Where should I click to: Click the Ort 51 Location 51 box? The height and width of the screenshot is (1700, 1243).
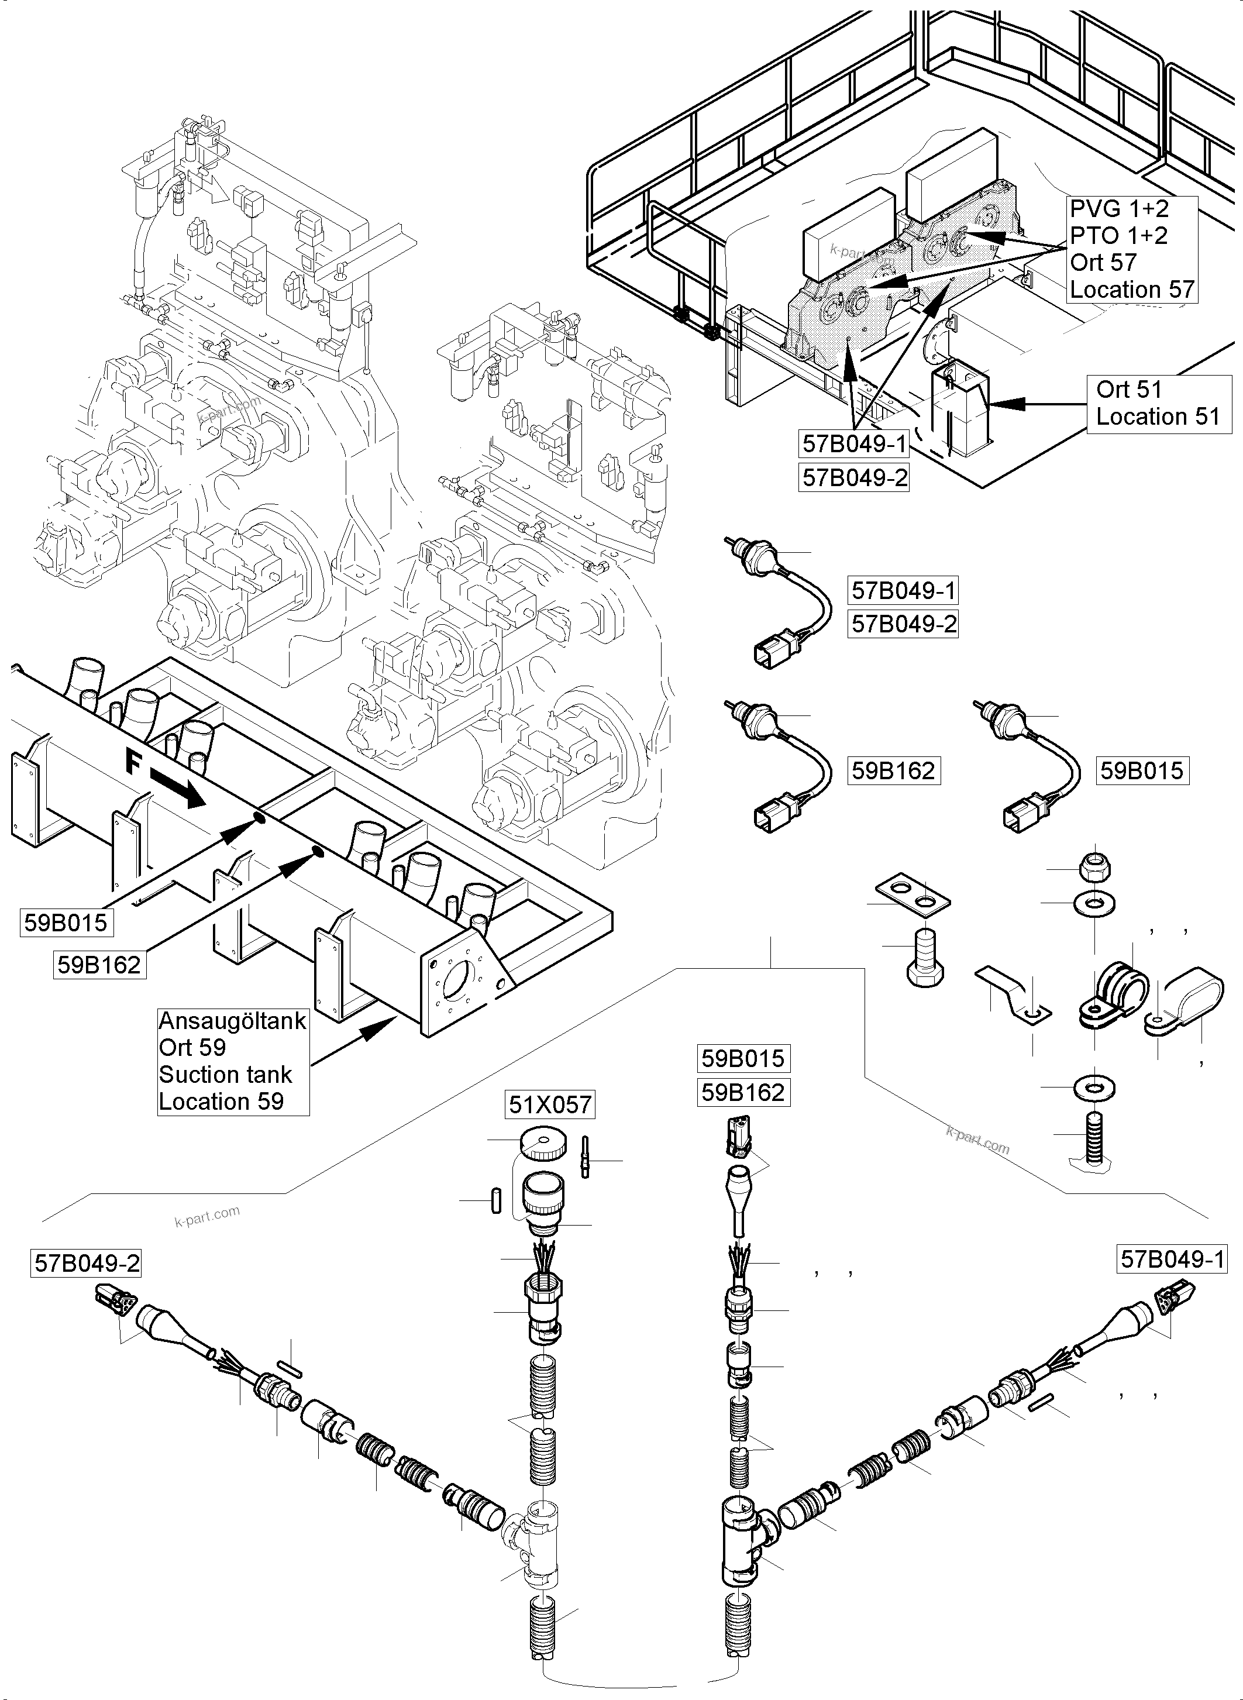[x=1158, y=404]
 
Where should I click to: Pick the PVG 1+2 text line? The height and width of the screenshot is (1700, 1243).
[x=1119, y=208]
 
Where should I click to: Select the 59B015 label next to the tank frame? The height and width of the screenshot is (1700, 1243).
[x=66, y=923]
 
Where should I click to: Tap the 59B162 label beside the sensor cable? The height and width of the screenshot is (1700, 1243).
[x=893, y=770]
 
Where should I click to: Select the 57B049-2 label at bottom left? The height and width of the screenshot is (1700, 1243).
[x=87, y=1264]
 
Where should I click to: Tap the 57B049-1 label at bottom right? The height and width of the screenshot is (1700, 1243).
[x=1172, y=1259]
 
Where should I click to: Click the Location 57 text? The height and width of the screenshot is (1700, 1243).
[x=1132, y=290]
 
